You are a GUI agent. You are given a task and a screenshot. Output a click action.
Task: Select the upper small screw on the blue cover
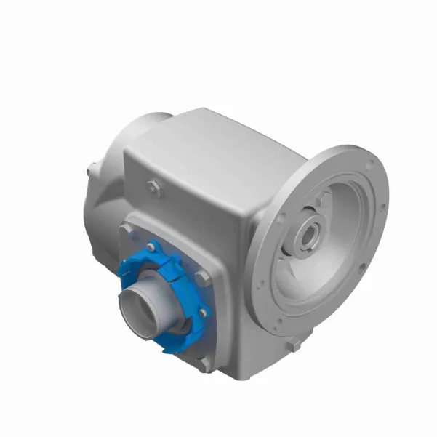point(153,244)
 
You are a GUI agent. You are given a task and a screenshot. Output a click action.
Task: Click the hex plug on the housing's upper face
point(153,187)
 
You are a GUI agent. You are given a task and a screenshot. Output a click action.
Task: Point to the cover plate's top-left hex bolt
point(128,229)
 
